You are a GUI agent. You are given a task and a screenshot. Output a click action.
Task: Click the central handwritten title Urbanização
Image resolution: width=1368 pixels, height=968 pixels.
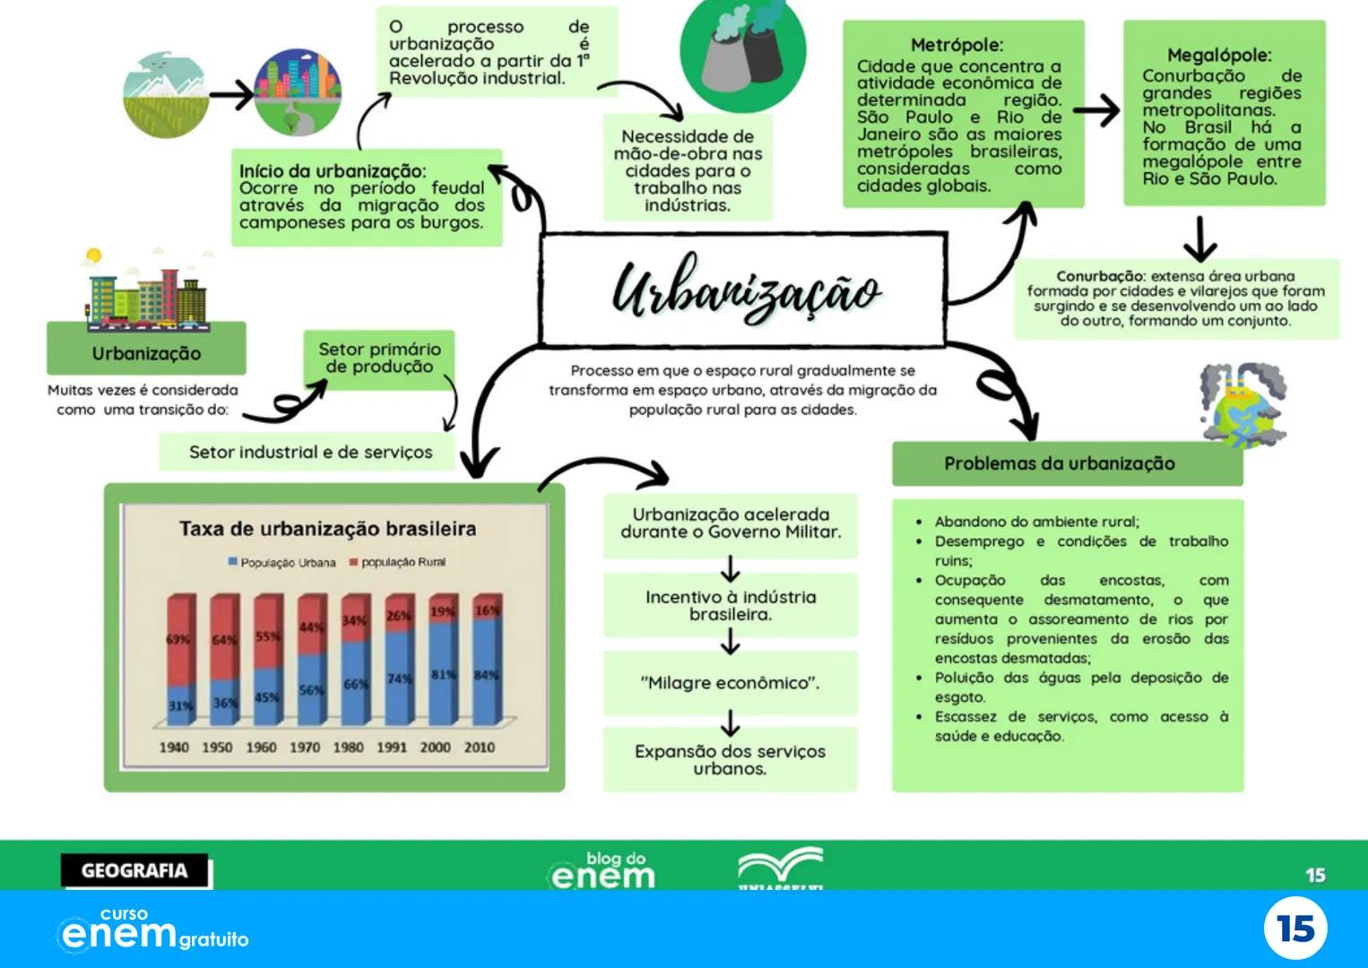pos(744,290)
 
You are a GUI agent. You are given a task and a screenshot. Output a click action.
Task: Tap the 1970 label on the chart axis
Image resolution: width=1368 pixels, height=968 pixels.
pos(305,747)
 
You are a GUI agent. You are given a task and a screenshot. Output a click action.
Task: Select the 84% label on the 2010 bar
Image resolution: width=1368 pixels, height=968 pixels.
pos(486,675)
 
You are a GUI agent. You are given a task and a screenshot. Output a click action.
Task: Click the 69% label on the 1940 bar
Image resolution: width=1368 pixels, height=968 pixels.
pos(177,639)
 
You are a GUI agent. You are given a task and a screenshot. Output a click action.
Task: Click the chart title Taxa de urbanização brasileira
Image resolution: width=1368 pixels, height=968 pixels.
pos(327,529)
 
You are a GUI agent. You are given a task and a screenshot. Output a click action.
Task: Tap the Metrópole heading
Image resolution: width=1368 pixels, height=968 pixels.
pos(957,45)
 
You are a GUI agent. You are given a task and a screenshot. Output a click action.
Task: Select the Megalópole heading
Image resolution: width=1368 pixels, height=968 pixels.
pos(1219,56)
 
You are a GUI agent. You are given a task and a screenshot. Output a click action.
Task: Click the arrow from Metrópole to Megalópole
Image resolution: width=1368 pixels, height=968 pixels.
pos(1096,110)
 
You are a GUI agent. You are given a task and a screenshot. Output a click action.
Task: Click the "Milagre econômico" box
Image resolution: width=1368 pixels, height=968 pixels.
pos(730,683)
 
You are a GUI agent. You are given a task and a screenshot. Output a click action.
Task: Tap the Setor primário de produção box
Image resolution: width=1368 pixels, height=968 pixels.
pos(379,359)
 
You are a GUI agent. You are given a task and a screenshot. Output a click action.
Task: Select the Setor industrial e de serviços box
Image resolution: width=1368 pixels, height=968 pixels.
pos(310,453)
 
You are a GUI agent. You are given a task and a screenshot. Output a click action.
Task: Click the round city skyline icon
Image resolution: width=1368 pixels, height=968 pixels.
pos(297,91)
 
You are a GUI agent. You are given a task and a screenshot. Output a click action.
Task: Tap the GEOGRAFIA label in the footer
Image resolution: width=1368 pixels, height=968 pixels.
pos(134,870)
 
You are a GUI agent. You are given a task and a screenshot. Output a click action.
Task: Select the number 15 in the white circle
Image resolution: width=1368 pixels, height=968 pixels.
pos(1295,929)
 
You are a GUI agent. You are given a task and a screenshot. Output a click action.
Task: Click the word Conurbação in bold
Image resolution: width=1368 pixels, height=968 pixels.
pos(1099,276)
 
